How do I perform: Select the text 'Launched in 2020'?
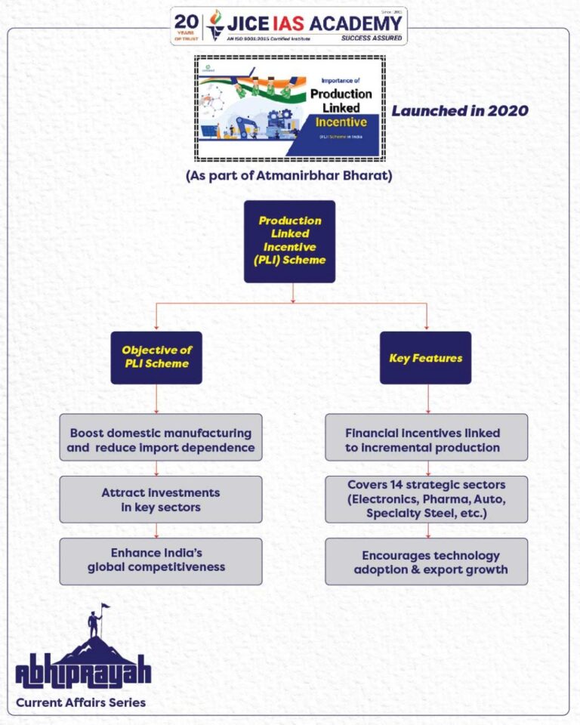459,110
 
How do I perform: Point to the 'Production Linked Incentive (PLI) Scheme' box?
289,241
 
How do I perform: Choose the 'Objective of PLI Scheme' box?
156,357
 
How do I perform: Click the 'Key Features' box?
425,357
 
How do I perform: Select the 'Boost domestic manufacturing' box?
161,440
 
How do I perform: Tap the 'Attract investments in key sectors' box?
161,499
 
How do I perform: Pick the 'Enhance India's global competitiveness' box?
161,560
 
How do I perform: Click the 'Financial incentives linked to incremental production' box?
426,440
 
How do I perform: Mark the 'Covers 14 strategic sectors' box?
426,499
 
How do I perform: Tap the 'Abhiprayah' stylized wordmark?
83,672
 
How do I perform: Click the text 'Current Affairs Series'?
81,702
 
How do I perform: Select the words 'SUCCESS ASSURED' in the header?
372,37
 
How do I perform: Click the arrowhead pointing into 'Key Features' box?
426,329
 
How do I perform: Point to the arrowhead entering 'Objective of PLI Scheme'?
156,329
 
